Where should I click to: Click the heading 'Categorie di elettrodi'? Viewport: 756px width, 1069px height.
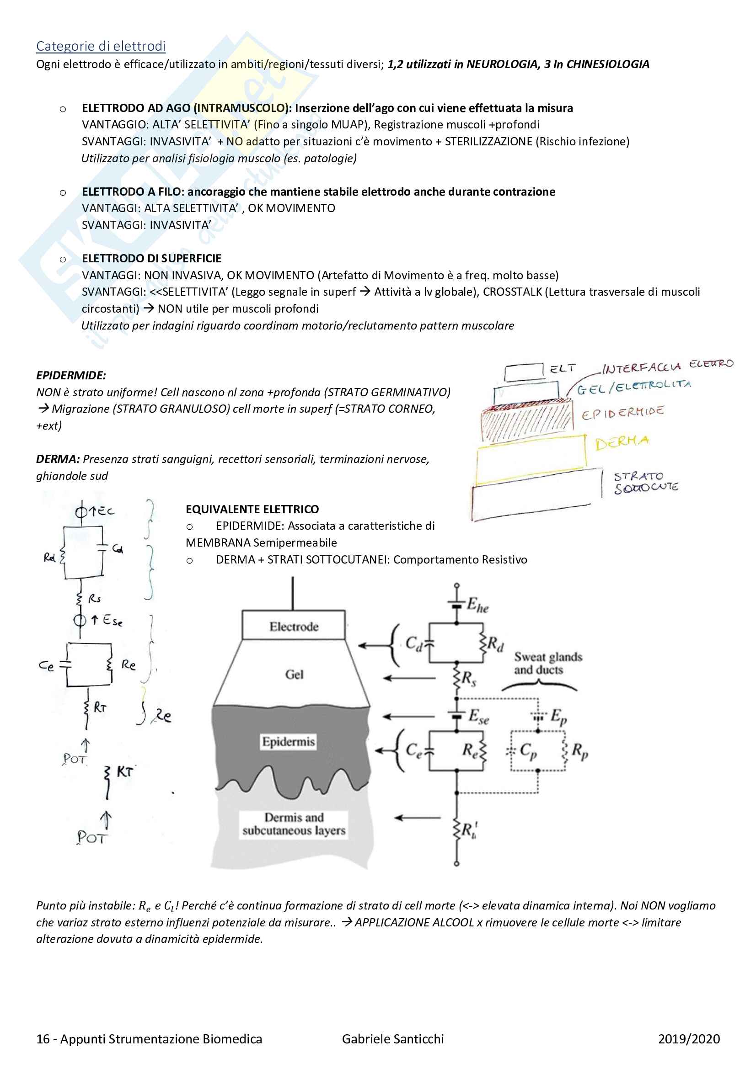tap(101, 46)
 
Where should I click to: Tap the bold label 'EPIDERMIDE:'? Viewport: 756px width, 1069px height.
tap(71, 375)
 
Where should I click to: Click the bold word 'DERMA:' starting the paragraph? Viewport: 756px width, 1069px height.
tap(58, 459)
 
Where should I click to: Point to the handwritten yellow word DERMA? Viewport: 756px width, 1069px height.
tap(622, 442)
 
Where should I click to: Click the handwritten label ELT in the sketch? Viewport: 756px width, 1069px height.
tap(562, 369)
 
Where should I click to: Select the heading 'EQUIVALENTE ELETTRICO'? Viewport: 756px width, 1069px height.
tap(252, 509)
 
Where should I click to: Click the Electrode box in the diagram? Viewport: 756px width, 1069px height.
tap(294, 627)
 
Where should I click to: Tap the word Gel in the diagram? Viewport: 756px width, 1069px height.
tap(294, 675)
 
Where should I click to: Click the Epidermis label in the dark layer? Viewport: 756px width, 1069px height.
tap(288, 742)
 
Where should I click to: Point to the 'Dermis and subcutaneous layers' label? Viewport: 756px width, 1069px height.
tap(294, 824)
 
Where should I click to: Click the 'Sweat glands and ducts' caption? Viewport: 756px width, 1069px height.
tap(548, 664)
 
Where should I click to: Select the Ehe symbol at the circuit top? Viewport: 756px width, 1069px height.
tap(477, 606)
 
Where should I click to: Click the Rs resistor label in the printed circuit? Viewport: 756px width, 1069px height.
tap(468, 679)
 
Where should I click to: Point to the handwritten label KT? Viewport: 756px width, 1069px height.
tap(124, 771)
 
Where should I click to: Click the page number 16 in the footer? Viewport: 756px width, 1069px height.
tap(43, 1039)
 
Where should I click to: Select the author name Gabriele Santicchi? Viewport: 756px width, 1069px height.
tap(393, 1039)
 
